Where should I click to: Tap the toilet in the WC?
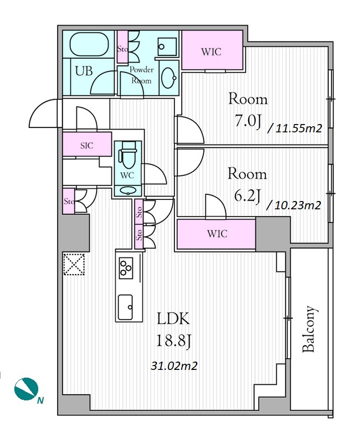(x=126, y=156)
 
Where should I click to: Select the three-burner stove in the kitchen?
(x=126, y=268)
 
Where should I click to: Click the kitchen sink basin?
(x=125, y=307)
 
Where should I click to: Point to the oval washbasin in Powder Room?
(x=169, y=78)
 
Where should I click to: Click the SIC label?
(x=87, y=146)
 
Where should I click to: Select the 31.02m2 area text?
(x=174, y=366)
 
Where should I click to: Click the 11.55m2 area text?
(x=295, y=128)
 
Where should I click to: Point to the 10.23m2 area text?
(x=294, y=205)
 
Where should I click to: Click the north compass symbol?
(x=26, y=389)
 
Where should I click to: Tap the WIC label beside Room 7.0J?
(x=211, y=52)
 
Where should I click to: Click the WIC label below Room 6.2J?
(x=217, y=234)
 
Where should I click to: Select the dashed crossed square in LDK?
(x=74, y=264)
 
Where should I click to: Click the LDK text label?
(x=173, y=320)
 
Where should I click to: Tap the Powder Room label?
(x=142, y=75)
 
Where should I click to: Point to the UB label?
(x=84, y=71)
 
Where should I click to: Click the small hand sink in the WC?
(x=127, y=191)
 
